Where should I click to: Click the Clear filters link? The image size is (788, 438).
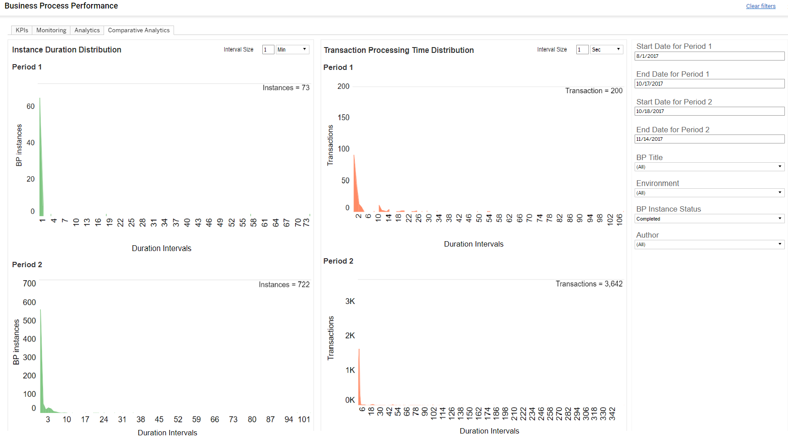coord(761,6)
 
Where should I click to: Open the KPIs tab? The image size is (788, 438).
coord(22,30)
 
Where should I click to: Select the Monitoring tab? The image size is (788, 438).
coord(51,30)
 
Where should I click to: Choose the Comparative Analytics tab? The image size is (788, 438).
coord(139,30)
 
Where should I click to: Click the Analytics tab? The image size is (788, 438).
coord(87,30)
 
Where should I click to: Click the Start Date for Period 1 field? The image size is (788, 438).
coord(710,56)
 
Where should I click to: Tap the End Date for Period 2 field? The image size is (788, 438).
coord(710,139)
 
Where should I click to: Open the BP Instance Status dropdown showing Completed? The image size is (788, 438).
coord(710,219)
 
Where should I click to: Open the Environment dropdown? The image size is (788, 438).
coord(710,193)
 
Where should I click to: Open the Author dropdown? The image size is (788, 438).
coord(710,244)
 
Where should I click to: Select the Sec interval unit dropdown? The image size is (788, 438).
coord(606,50)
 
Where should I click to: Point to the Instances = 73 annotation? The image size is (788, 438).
coord(286,88)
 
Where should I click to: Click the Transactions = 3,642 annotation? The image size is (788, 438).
coord(589,284)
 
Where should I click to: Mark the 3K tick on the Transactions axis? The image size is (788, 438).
coord(350,301)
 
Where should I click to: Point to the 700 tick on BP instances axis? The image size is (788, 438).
coord(29,283)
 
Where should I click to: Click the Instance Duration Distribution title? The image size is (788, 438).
coord(67,50)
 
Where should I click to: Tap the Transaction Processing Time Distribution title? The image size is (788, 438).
coord(399,50)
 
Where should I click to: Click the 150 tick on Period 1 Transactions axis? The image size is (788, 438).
coord(344,117)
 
